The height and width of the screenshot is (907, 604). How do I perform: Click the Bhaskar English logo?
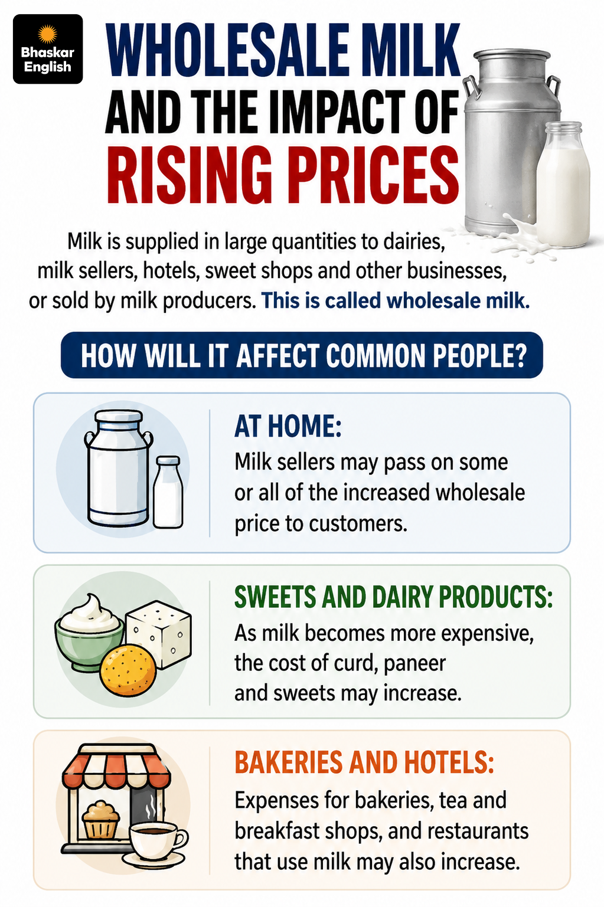(48, 49)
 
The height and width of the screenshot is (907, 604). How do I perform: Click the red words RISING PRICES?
(283, 175)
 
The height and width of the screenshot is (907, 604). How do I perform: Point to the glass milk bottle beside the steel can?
(563, 184)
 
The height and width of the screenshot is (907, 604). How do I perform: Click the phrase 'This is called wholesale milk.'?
(396, 301)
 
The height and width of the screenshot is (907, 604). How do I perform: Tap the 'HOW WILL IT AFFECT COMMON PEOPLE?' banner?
(302, 355)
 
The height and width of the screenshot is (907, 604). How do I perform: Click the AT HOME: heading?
(288, 427)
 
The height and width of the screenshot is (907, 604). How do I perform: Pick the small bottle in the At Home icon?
(168, 492)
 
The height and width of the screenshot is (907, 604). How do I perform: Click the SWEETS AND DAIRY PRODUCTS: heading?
(393, 597)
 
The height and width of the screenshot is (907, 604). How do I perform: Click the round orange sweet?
(128, 670)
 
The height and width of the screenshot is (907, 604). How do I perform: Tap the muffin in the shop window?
(101, 820)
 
